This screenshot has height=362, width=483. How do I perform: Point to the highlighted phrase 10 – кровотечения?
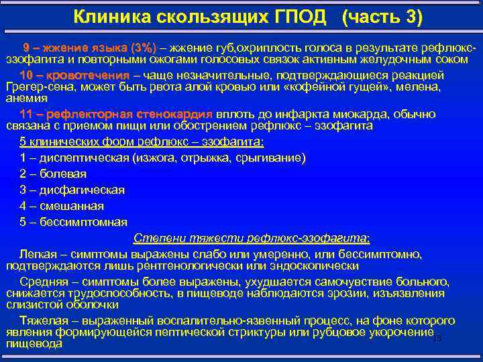(x=75, y=74)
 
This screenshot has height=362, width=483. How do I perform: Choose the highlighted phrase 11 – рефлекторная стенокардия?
(x=115, y=114)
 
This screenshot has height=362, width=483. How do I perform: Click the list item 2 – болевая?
(x=58, y=174)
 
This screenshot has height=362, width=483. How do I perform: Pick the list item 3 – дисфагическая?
(x=72, y=190)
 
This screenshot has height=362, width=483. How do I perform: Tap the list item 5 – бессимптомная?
(x=73, y=222)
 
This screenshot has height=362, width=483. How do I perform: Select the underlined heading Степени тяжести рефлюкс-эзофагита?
(x=251, y=238)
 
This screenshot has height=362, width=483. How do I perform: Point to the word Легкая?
(x=38, y=254)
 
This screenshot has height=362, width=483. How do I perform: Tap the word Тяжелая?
(x=42, y=320)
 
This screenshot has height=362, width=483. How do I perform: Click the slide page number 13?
(x=437, y=339)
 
